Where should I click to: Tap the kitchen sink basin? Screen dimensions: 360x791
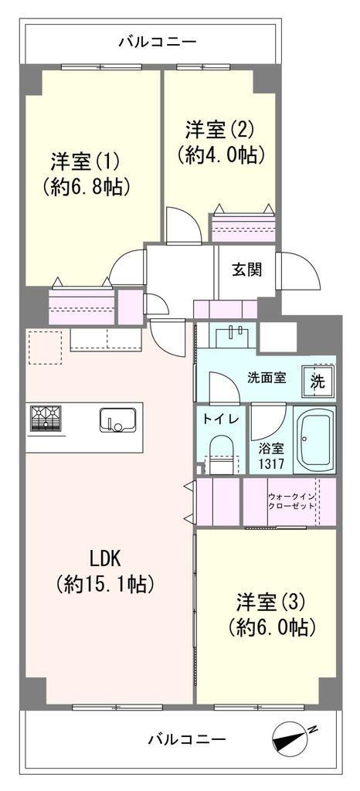(118, 419)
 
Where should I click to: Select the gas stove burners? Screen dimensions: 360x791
(46, 418)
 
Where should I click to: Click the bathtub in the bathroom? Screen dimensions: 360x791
(314, 439)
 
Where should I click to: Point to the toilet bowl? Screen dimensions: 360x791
(220, 454)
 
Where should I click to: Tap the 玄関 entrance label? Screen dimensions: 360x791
(246, 270)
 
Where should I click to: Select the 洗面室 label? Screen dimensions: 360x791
(267, 378)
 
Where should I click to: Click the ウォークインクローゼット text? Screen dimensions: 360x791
(292, 501)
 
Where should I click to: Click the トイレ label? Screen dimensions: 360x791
(217, 419)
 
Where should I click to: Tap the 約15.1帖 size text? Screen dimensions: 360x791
(105, 584)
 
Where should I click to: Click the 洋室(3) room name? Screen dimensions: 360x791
(271, 602)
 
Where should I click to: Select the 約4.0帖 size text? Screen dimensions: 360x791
(221, 154)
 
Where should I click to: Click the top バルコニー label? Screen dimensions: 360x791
(158, 42)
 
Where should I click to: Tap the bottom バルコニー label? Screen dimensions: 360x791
(187, 740)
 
